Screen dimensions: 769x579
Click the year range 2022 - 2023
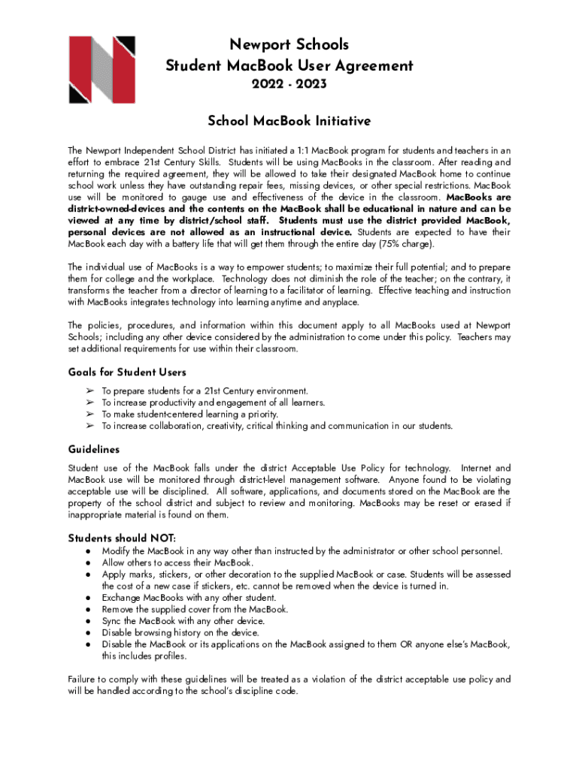tap(289, 85)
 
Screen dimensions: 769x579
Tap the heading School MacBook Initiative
tap(289, 121)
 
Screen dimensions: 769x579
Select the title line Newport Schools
tap(289, 45)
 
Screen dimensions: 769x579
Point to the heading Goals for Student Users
tap(127, 372)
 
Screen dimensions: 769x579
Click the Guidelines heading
tap(94, 449)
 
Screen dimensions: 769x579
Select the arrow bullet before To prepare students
tap(89, 391)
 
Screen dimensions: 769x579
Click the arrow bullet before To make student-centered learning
tap(89, 415)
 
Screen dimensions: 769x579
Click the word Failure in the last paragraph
tap(83, 680)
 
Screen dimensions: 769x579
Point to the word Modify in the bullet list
tap(116, 551)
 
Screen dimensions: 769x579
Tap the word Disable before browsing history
tap(117, 633)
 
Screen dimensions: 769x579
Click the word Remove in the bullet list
tap(118, 610)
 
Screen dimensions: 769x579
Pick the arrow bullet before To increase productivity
tap(89, 403)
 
